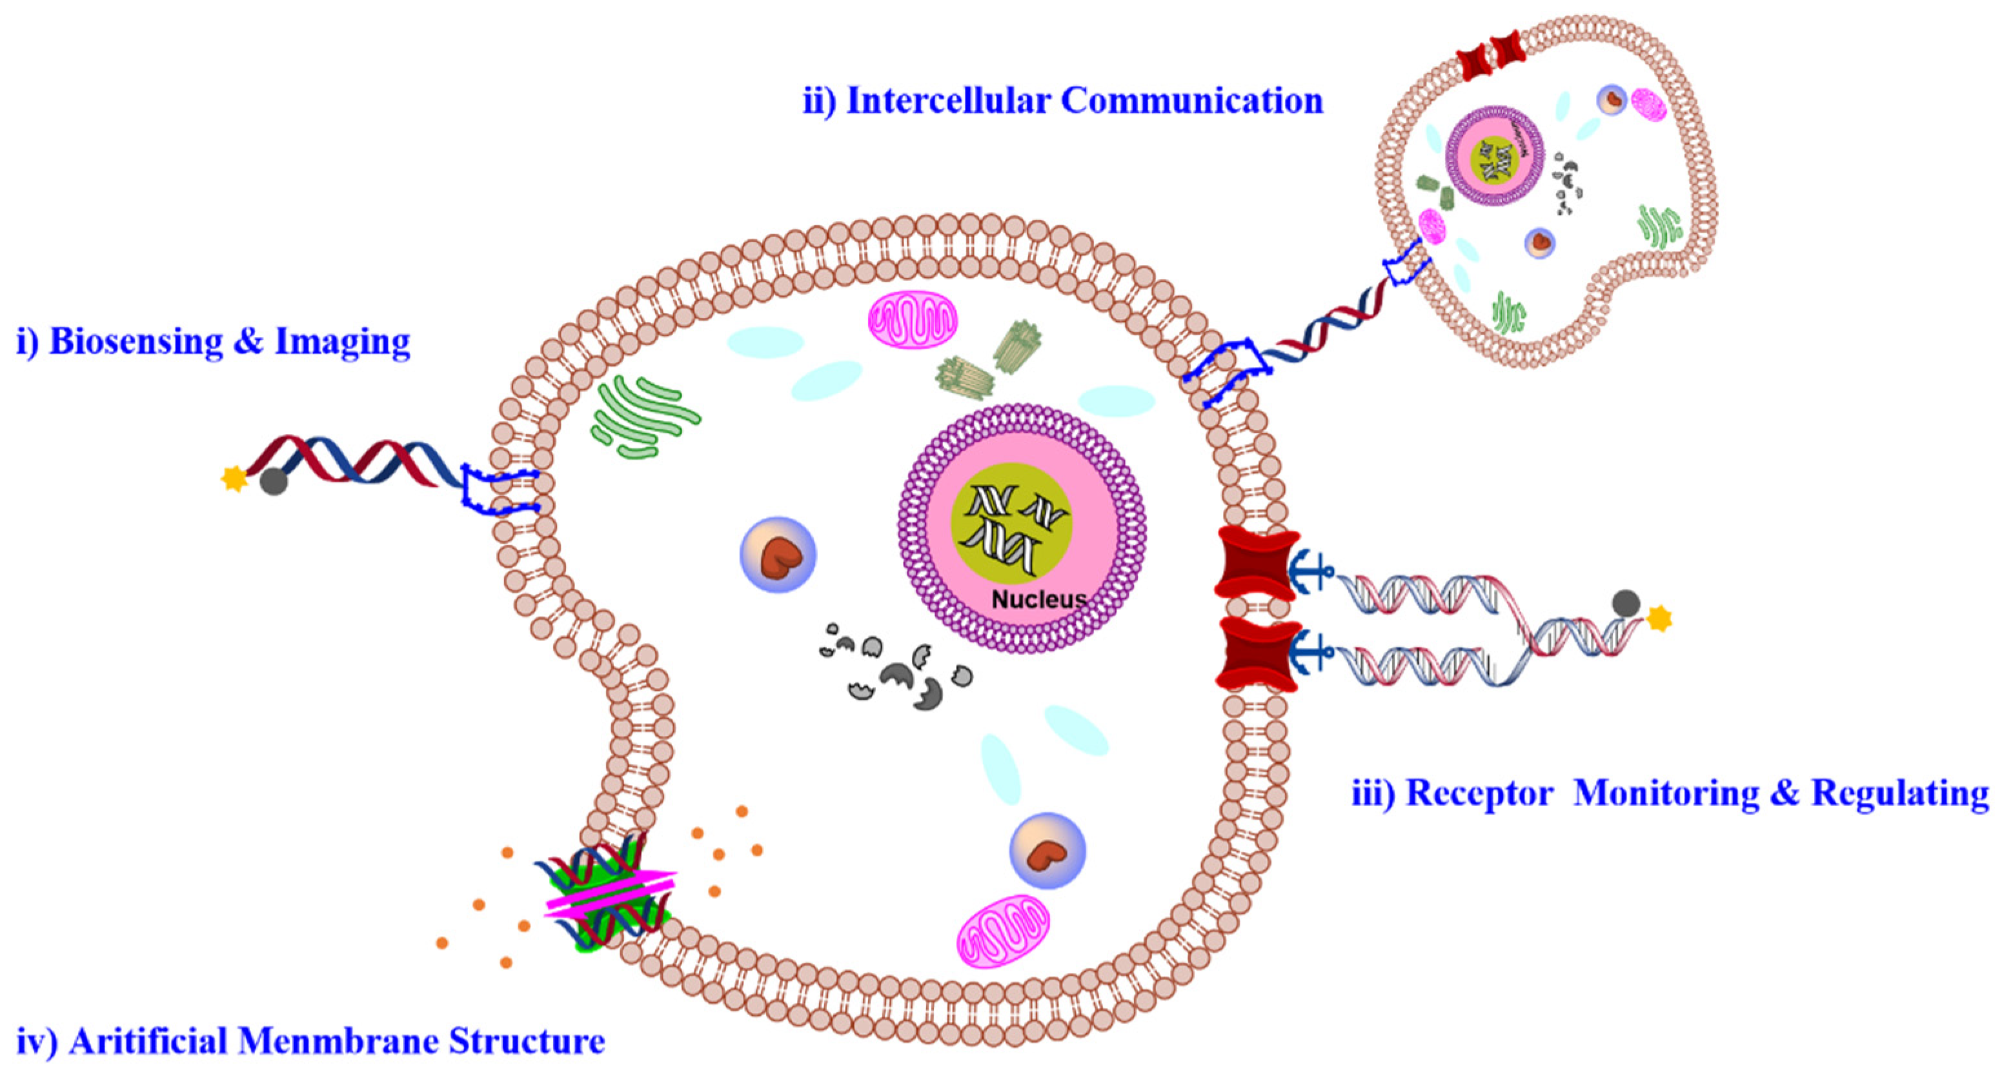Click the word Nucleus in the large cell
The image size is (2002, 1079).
[x=1039, y=600]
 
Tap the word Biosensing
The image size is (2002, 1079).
[x=136, y=342]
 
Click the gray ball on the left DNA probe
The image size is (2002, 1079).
[x=274, y=482]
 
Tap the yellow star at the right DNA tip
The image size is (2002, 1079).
[x=1659, y=619]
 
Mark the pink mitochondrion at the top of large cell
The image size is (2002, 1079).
[x=913, y=319]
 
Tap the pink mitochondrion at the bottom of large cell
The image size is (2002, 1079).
[x=1002, y=931]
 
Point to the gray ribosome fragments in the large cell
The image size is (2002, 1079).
[x=894, y=668]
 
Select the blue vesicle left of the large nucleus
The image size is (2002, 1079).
[x=777, y=555]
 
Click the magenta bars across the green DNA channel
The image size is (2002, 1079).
[x=611, y=893]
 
